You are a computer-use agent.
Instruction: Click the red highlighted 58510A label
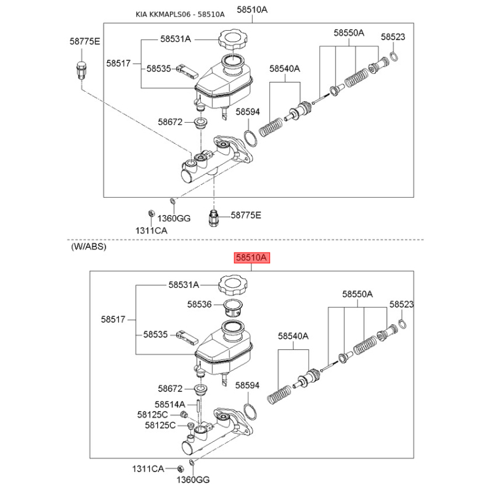pos(252,258)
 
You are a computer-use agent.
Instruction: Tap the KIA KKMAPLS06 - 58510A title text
pos(180,14)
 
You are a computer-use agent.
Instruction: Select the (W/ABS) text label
pos(89,246)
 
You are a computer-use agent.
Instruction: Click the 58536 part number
pos(199,304)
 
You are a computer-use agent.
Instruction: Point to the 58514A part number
pos(170,404)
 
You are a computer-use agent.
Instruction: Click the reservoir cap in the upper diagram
pos(233,39)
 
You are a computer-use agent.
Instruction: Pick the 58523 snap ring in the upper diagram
pos(394,57)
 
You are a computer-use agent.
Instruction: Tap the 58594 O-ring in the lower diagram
pos(250,412)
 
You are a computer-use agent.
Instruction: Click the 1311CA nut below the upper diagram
pos(151,214)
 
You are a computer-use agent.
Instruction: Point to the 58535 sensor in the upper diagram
pos(187,71)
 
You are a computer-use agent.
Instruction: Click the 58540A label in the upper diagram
pos(285,68)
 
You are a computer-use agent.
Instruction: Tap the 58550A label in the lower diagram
pos(357,294)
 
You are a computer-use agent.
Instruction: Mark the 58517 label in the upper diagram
pos(118,63)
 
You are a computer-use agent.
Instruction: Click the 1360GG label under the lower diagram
pos(193,480)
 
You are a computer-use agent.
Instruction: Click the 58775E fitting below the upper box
pos(213,218)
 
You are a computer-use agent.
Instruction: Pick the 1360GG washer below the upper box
pos(173,201)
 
